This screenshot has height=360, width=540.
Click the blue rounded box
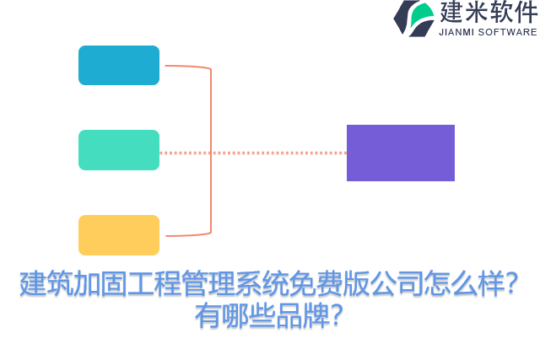pyautogui.click(x=119, y=65)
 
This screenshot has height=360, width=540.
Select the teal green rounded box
pyautogui.click(x=119, y=150)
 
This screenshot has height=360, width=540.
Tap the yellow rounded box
pyautogui.click(x=119, y=235)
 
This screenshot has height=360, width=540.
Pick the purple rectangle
pyautogui.click(x=401, y=153)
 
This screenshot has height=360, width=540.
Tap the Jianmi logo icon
pyautogui.click(x=413, y=18)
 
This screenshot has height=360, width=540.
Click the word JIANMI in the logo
pyautogui.click(x=457, y=32)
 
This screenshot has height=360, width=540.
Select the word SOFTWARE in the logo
pyautogui.click(x=508, y=32)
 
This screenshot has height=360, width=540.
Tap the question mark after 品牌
pyautogui.click(x=336, y=316)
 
